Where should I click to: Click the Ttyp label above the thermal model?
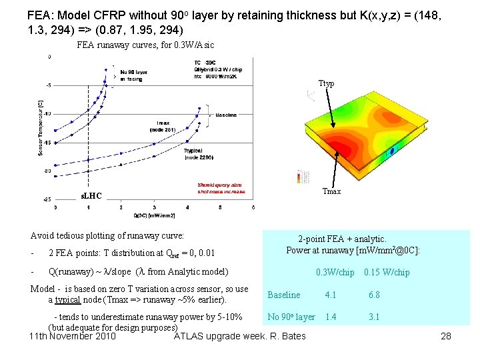[326, 84]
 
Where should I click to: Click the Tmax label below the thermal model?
[331, 191]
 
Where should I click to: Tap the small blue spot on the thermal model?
[392, 151]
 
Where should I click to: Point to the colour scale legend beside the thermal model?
[299, 177]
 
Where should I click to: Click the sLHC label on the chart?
[91, 196]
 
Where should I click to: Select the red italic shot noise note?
[221, 188]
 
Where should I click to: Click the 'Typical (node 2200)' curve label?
[198, 153]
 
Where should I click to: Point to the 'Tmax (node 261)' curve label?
[163, 127]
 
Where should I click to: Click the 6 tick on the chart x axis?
[253, 208]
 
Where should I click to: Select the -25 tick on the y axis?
[47, 199]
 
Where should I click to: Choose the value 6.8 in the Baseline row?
[375, 295]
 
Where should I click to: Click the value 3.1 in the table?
[375, 317]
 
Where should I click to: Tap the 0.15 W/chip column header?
[387, 272]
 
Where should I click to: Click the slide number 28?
[446, 336]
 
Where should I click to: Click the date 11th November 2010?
[73, 335]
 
